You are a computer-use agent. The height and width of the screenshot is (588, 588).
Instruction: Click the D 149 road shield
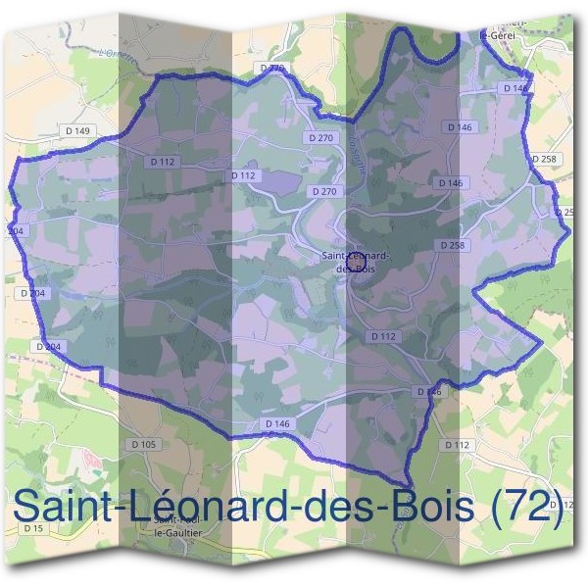click(81, 131)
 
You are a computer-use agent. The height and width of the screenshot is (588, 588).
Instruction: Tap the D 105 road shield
click(142, 444)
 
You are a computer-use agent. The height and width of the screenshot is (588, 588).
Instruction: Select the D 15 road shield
click(34, 529)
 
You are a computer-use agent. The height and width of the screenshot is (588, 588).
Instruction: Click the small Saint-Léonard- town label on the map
click(356, 256)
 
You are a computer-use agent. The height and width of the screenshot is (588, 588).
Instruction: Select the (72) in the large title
click(529, 508)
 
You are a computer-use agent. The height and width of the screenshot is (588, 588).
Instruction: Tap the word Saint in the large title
click(71, 508)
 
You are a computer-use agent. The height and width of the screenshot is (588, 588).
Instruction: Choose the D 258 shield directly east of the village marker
click(452, 244)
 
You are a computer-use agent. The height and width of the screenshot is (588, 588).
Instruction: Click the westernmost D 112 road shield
click(163, 161)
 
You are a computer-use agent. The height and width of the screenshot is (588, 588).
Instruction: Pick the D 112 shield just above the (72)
click(458, 444)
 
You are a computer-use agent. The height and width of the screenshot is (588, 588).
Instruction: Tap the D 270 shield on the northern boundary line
click(273, 68)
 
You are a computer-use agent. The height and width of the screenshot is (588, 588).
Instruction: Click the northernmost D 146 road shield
click(515, 88)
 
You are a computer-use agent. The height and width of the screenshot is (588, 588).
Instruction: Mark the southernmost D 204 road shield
click(48, 346)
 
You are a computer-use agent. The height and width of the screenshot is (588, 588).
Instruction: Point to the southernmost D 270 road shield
click(322, 191)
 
